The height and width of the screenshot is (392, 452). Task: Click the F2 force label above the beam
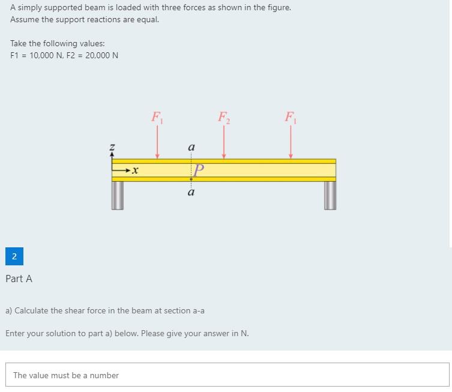coord(223,116)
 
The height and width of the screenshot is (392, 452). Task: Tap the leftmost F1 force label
coord(157,116)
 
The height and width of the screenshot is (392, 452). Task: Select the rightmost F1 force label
coord(291,116)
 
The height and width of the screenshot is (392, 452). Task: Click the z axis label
coord(112,146)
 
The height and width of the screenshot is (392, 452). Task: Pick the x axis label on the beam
coord(135,171)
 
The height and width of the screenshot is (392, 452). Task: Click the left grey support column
coord(117,195)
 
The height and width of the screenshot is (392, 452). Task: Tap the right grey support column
coord(330,195)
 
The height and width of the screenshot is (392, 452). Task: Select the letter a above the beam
coord(191,146)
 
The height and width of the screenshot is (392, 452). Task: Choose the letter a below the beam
coord(191,193)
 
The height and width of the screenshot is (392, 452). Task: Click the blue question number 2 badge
coord(14,257)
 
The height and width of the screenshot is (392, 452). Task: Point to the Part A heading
coord(19,279)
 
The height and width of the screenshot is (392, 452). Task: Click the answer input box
coord(227,375)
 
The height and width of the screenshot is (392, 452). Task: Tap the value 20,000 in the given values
coord(102,55)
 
